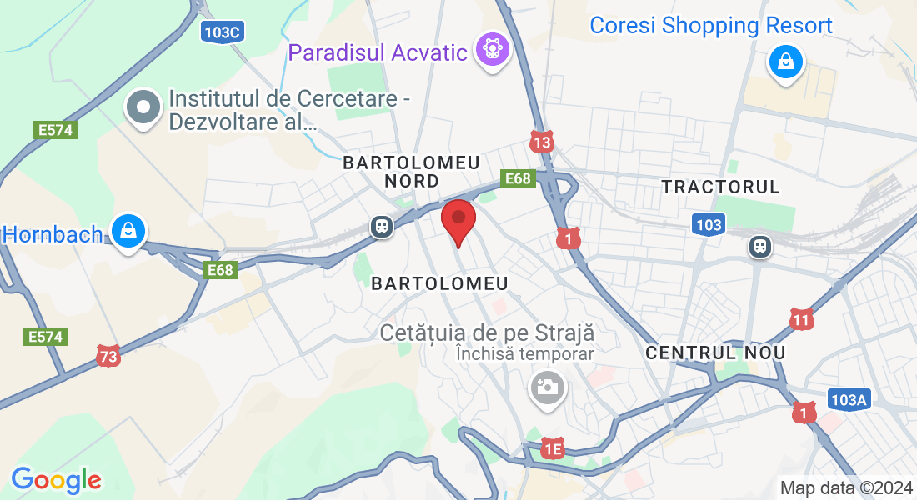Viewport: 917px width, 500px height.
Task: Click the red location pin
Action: pos(458,221)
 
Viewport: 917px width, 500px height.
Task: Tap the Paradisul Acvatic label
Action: pos(378,52)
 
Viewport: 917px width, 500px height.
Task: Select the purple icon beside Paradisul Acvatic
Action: pos(493,50)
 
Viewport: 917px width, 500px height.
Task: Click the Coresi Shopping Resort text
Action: pos(710,26)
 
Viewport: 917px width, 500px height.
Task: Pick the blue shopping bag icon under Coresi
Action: pos(785,62)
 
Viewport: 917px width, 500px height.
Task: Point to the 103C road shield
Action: pos(223,32)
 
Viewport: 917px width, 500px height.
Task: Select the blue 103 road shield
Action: pos(708,224)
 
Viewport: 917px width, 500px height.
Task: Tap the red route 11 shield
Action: pos(801,318)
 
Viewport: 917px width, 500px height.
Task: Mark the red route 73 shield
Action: pos(108,355)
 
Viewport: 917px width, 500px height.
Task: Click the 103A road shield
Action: pos(849,400)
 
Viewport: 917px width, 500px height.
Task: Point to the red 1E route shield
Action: pos(553,449)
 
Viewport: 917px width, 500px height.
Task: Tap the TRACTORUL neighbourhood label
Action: pos(720,187)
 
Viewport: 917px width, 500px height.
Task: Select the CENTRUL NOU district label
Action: pos(715,352)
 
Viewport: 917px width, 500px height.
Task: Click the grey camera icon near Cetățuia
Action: pos(547,387)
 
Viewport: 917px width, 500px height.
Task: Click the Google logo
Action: pos(56,480)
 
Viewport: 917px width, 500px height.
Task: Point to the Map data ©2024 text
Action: pos(845,487)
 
